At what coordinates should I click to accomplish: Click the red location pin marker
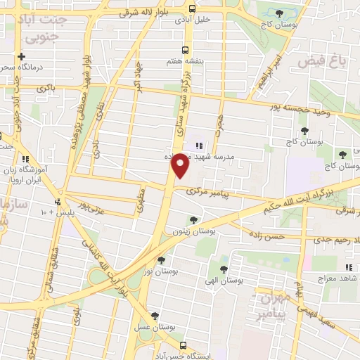181,165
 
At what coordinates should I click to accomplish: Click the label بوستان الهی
223,281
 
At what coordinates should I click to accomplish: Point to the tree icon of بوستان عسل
155,316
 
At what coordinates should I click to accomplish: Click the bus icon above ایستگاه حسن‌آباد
184,345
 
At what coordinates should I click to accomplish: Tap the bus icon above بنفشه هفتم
185,50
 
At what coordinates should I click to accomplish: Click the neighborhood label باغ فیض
323,62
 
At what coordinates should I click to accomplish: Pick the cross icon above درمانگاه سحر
22,56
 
